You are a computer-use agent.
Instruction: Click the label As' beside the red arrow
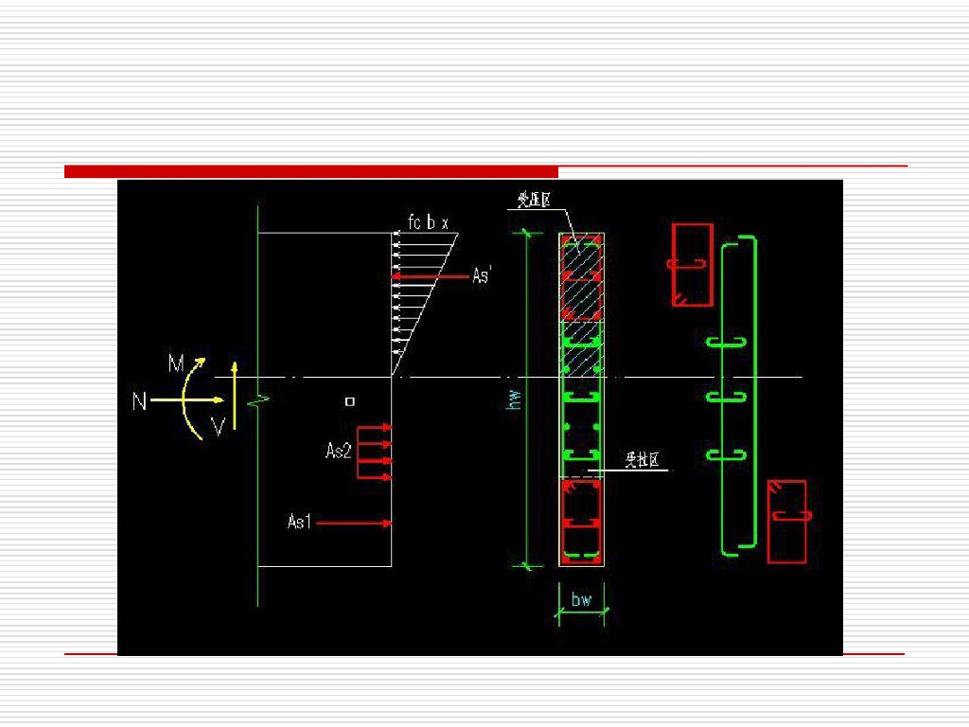pyautogui.click(x=482, y=275)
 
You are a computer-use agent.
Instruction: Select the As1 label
pyautogui.click(x=299, y=522)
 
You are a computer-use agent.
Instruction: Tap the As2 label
pyautogui.click(x=339, y=452)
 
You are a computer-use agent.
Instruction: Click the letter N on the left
pyautogui.click(x=139, y=401)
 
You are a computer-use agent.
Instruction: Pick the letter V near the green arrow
pyautogui.click(x=218, y=429)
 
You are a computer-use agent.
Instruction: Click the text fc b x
pyautogui.click(x=428, y=223)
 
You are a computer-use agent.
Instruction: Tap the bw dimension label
pyautogui.click(x=581, y=599)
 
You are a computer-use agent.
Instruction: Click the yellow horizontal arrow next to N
pyautogui.click(x=180, y=400)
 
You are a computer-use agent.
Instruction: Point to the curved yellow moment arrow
pyautogui.click(x=189, y=398)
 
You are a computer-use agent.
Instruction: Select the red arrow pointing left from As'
pyautogui.click(x=431, y=276)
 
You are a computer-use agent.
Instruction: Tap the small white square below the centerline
pyautogui.click(x=350, y=401)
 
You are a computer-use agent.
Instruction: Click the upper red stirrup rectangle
pyautogui.click(x=692, y=265)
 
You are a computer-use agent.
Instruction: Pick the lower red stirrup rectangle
pyautogui.click(x=786, y=522)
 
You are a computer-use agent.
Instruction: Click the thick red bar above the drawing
pyautogui.click(x=311, y=171)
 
